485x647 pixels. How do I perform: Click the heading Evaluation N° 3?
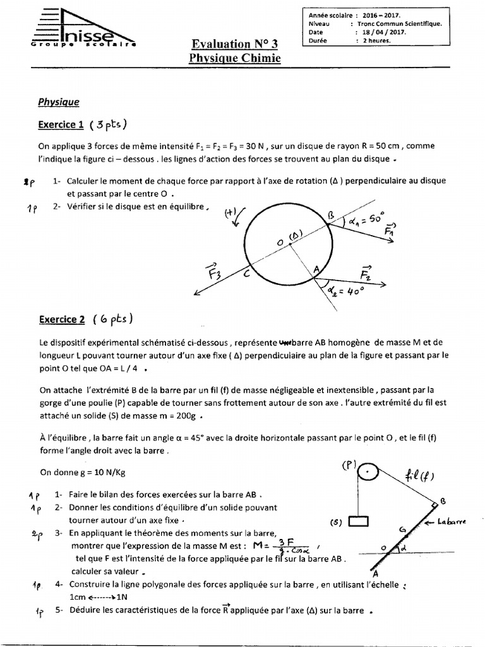(x=234, y=44)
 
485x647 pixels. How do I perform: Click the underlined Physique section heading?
(x=59, y=101)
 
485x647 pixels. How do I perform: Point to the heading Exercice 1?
(x=61, y=124)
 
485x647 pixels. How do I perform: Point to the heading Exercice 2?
(x=62, y=320)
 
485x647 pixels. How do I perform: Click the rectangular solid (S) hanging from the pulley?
(x=357, y=522)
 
